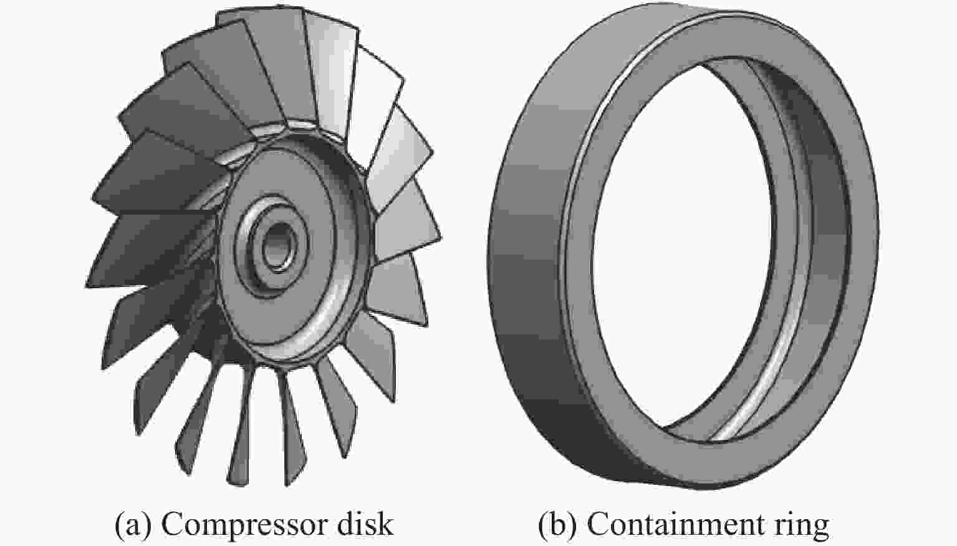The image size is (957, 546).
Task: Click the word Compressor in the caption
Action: point(244,524)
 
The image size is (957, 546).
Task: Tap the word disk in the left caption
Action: point(365,524)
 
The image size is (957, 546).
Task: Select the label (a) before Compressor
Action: point(133,524)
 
